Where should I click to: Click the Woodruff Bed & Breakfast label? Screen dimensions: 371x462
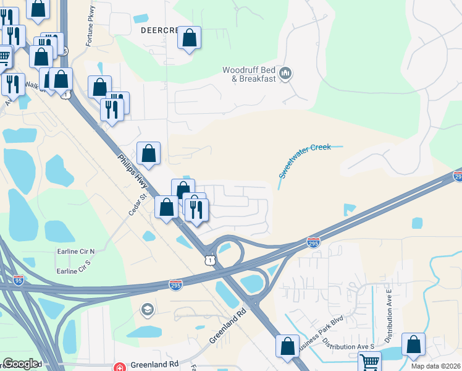[249, 74]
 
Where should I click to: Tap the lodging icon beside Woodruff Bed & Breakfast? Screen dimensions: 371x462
[285, 74]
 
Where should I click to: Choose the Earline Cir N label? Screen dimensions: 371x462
[75, 252]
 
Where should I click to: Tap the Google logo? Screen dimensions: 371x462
[20, 364]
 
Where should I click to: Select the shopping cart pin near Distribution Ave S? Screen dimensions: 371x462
[369, 362]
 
